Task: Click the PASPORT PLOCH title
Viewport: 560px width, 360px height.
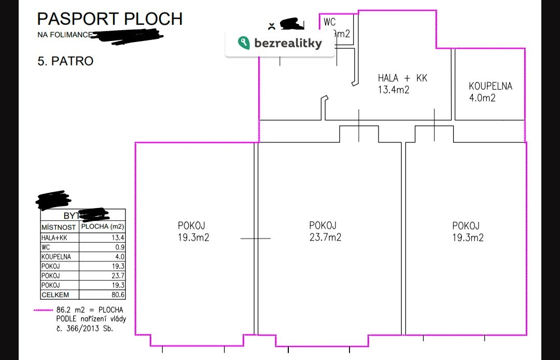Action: [x=110, y=19]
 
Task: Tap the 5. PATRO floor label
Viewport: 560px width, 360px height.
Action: [x=65, y=61]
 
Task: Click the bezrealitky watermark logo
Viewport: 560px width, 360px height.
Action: [x=280, y=44]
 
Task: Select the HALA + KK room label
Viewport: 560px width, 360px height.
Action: [x=402, y=78]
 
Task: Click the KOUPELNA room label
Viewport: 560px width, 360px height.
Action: [x=490, y=86]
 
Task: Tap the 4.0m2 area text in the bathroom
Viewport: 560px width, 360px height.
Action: [x=482, y=98]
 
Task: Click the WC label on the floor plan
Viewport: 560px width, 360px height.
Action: [x=330, y=22]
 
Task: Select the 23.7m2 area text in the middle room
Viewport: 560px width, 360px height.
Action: [x=325, y=238]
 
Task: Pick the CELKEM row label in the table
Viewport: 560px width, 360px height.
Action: [x=54, y=295]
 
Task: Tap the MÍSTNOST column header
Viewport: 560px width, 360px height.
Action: [x=59, y=227]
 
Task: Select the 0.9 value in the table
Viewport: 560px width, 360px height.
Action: [x=119, y=247]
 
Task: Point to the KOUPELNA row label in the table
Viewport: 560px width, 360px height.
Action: [x=56, y=256]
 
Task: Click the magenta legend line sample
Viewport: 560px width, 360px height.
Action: [x=44, y=310]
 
